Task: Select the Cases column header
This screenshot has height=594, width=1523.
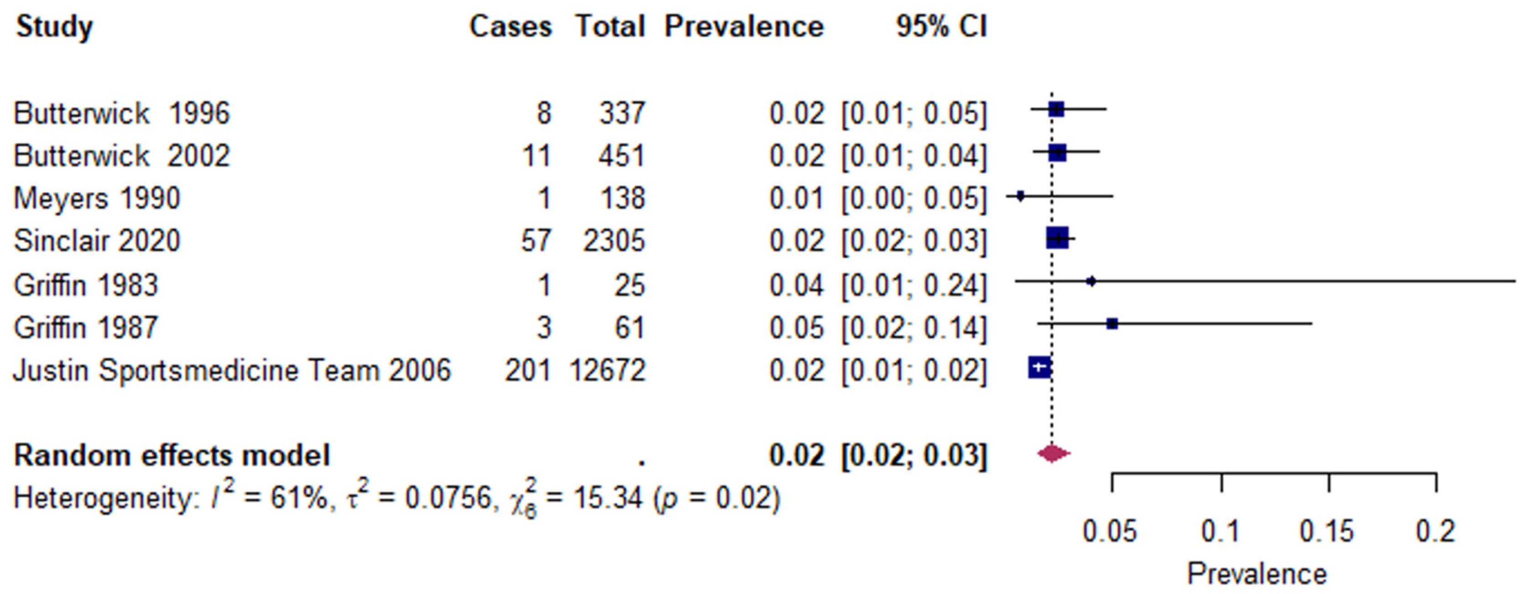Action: (x=510, y=26)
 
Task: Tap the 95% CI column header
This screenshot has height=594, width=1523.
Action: (x=941, y=26)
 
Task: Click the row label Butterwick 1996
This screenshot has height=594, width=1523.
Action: (x=122, y=113)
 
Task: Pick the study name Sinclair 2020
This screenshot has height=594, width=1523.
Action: (x=97, y=241)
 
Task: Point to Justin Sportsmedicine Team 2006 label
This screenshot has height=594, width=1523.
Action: (x=232, y=371)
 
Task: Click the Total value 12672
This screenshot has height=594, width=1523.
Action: (x=607, y=371)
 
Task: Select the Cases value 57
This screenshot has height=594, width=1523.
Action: (x=536, y=241)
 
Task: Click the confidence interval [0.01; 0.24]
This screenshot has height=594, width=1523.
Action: (x=914, y=286)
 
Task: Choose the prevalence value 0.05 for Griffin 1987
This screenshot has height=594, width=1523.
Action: (x=796, y=328)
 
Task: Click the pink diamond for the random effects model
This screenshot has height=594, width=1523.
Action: (x=1053, y=454)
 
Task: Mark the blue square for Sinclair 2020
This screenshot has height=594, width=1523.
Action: (x=1057, y=238)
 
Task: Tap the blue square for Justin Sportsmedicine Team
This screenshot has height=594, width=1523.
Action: (x=1039, y=368)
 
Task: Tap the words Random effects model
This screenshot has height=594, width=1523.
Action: (x=171, y=456)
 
